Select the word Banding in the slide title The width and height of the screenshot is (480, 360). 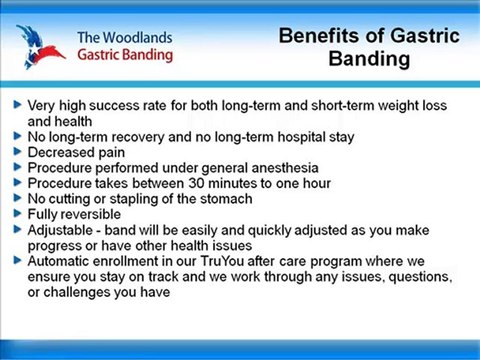(368, 60)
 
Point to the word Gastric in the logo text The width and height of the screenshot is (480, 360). (104, 55)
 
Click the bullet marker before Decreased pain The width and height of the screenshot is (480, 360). (17, 152)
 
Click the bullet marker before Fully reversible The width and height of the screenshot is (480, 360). (17, 214)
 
